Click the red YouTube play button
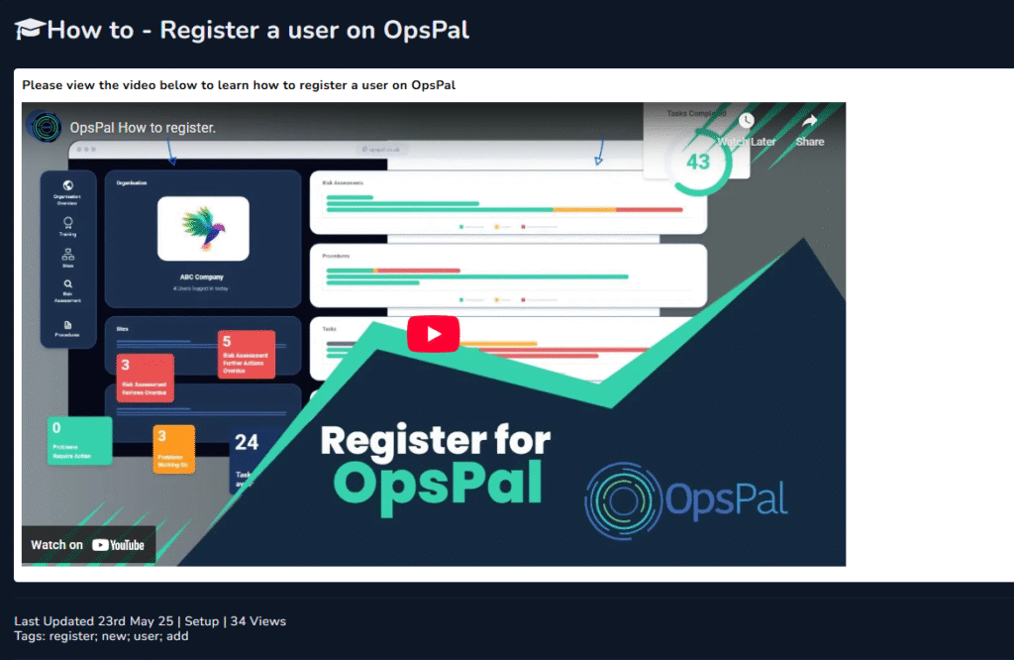click(x=433, y=334)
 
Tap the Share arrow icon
click(x=809, y=122)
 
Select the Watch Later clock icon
click(x=746, y=121)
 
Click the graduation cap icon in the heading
click(x=29, y=30)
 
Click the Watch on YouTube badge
click(x=88, y=544)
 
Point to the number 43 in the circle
click(x=698, y=161)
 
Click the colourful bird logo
click(x=202, y=227)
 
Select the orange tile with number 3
click(x=173, y=448)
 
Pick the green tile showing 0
click(x=79, y=440)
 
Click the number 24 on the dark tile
click(x=247, y=443)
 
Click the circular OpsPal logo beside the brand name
click(x=621, y=498)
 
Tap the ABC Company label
click(x=202, y=277)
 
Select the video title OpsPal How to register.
click(x=143, y=128)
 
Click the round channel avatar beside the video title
click(x=45, y=127)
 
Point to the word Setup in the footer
click(x=202, y=621)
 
